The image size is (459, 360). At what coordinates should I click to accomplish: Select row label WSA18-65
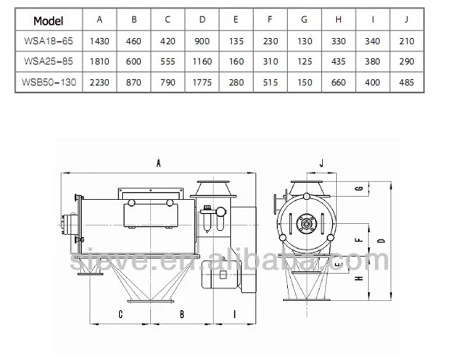pyautogui.click(x=48, y=41)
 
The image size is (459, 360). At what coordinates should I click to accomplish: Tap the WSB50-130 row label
pyautogui.click(x=49, y=82)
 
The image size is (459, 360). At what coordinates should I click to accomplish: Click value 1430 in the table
pyautogui.click(x=100, y=41)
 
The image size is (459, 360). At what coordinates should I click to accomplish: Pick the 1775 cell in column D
pyautogui.click(x=202, y=82)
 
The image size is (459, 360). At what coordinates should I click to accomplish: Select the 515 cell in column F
pyautogui.click(x=270, y=82)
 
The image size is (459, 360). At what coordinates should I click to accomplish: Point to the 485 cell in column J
pyautogui.click(x=406, y=82)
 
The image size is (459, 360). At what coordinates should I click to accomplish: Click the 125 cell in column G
pyautogui.click(x=304, y=61)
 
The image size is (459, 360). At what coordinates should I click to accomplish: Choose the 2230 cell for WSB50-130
pyautogui.click(x=100, y=82)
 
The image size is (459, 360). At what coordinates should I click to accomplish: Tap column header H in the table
pyautogui.click(x=338, y=19)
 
